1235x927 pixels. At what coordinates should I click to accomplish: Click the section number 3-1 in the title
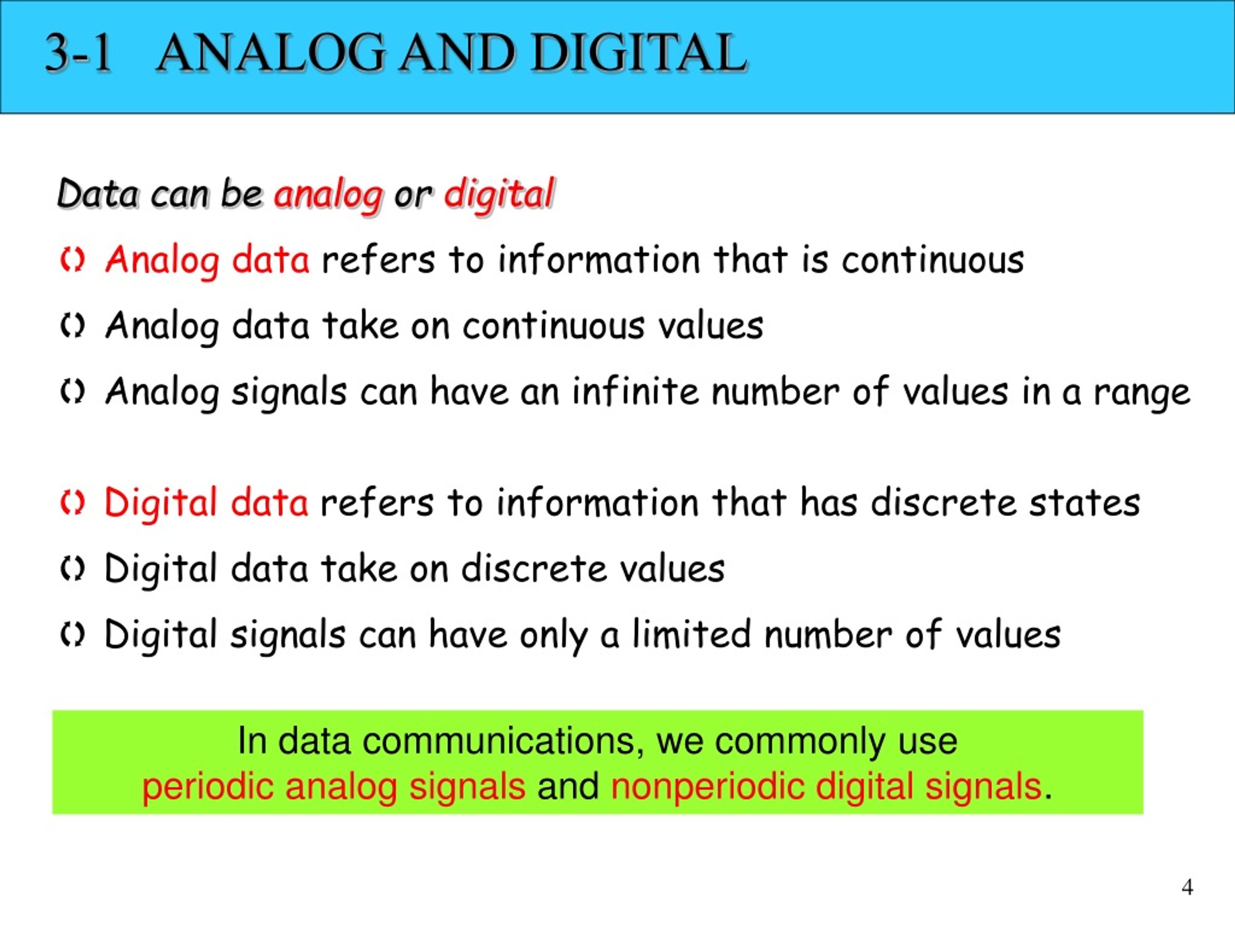coord(79,53)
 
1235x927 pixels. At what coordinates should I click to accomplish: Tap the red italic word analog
coord(329,196)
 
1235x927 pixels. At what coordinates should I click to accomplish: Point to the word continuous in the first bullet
coord(933,260)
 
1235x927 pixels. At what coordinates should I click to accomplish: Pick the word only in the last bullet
coord(553,636)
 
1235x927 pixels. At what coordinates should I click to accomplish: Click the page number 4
coord(1188,887)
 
